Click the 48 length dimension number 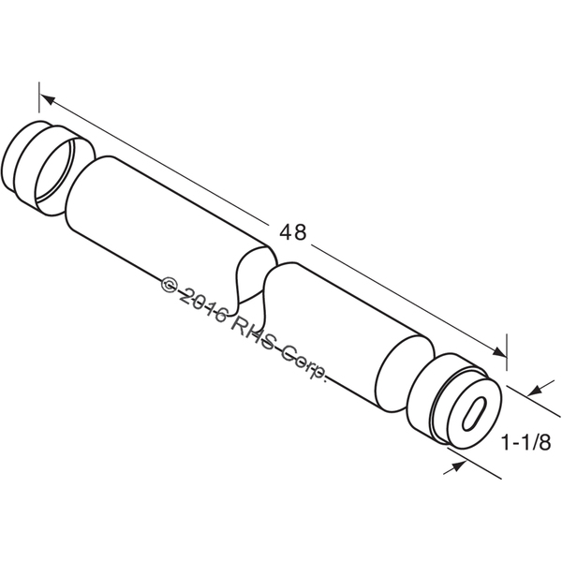pyautogui.click(x=293, y=232)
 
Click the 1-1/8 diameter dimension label pyautogui.click(x=525, y=442)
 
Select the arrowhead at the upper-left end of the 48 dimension pyautogui.click(x=48, y=99)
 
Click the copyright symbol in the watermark pyautogui.click(x=170, y=285)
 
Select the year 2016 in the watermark pyautogui.click(x=203, y=304)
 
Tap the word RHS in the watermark pyautogui.click(x=255, y=334)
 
